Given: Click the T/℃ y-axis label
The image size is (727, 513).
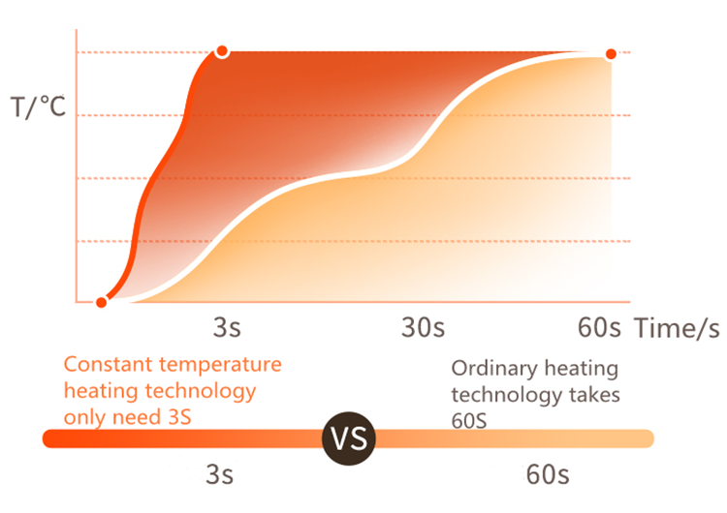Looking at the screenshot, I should [x=39, y=106].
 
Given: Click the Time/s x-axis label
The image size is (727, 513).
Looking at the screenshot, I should [x=678, y=327].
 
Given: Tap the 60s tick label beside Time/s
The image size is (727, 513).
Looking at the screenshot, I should [x=597, y=327].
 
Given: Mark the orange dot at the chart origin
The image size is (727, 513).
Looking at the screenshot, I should [x=101, y=302].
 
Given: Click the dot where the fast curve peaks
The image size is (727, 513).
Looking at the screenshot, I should [x=222, y=50].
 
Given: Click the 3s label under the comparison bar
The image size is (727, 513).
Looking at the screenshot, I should [x=219, y=475].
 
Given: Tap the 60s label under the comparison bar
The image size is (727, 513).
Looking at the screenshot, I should [x=548, y=475].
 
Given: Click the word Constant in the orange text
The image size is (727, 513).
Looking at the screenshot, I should [x=104, y=365].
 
